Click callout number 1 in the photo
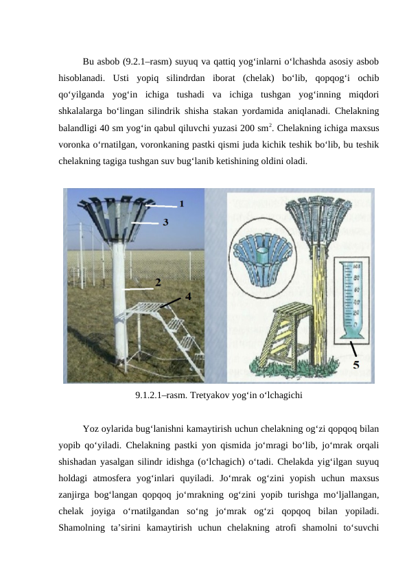(182, 203)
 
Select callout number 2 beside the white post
(159, 282)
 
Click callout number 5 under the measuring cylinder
(356, 365)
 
